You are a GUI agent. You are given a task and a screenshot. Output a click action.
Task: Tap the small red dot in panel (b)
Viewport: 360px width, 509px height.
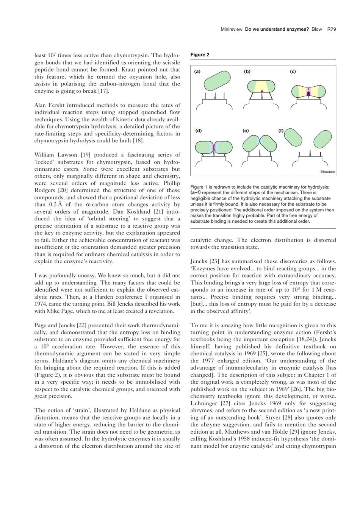(x=262, y=91)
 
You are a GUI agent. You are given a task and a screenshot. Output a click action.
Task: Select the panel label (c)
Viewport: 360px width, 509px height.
(x=293, y=72)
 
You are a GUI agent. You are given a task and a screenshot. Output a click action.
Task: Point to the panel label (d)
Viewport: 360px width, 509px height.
(x=198, y=131)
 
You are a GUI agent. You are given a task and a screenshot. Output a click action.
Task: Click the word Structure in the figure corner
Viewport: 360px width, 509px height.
(x=327, y=172)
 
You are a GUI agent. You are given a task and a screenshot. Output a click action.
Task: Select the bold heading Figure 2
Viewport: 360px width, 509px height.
(x=200, y=55)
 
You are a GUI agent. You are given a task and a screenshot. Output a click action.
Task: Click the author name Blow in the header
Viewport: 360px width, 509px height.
(x=316, y=29)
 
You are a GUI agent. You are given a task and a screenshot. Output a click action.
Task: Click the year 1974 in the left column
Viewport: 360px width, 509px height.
(x=41, y=304)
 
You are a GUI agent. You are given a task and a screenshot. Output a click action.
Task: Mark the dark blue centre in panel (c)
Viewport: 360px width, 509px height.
(x=308, y=93)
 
